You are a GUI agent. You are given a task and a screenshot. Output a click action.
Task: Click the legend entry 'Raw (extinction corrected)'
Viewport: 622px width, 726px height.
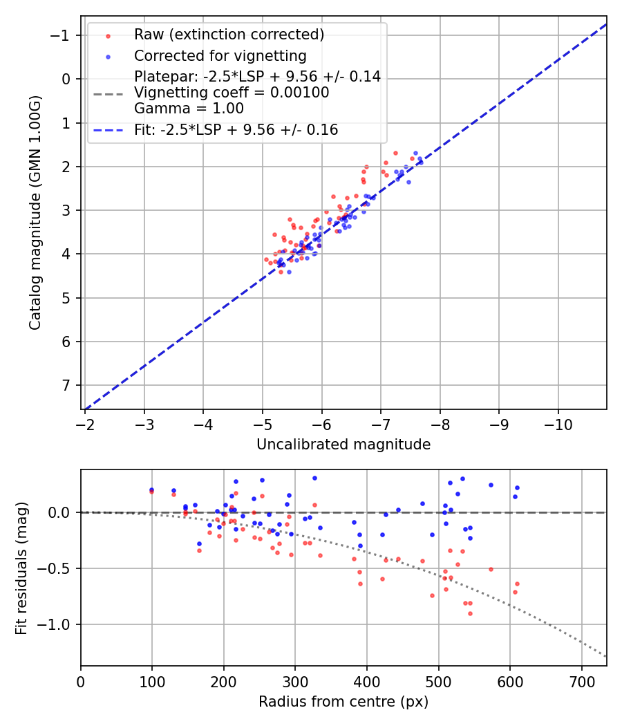(229, 35)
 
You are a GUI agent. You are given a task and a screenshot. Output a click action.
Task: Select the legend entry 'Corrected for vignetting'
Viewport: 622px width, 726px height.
(220, 55)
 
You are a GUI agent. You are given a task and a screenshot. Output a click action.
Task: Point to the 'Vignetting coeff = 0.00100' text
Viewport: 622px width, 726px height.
(232, 92)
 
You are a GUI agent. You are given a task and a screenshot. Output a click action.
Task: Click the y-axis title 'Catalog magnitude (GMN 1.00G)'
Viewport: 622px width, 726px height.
(35, 213)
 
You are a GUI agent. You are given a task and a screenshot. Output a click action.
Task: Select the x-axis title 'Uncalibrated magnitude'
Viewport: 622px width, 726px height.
(343, 445)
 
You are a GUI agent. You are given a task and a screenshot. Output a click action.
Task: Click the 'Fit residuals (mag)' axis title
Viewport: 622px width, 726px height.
(21, 568)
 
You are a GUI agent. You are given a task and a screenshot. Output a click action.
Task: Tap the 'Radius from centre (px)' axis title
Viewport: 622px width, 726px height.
(343, 702)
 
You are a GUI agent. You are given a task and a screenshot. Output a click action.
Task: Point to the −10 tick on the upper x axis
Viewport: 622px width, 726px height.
(558, 422)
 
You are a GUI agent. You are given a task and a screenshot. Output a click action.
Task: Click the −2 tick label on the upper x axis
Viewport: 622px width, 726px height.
(85, 422)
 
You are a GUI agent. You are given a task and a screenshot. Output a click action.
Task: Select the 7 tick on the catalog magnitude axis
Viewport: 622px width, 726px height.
(66, 385)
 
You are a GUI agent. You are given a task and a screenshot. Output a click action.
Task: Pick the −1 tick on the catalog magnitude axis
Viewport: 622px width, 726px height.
(61, 35)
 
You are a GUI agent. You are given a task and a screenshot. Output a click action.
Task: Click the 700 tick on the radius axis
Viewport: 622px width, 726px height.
(581, 680)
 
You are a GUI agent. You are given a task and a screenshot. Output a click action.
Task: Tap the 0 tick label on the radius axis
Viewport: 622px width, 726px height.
(81, 680)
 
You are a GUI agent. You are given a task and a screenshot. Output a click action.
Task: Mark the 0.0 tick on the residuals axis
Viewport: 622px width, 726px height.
(61, 512)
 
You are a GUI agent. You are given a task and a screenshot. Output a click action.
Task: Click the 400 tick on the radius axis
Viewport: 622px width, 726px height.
(367, 680)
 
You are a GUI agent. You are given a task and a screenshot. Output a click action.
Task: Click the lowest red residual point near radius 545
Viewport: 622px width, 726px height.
(470, 613)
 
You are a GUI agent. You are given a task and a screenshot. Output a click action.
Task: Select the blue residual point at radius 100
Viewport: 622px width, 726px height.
(152, 490)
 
